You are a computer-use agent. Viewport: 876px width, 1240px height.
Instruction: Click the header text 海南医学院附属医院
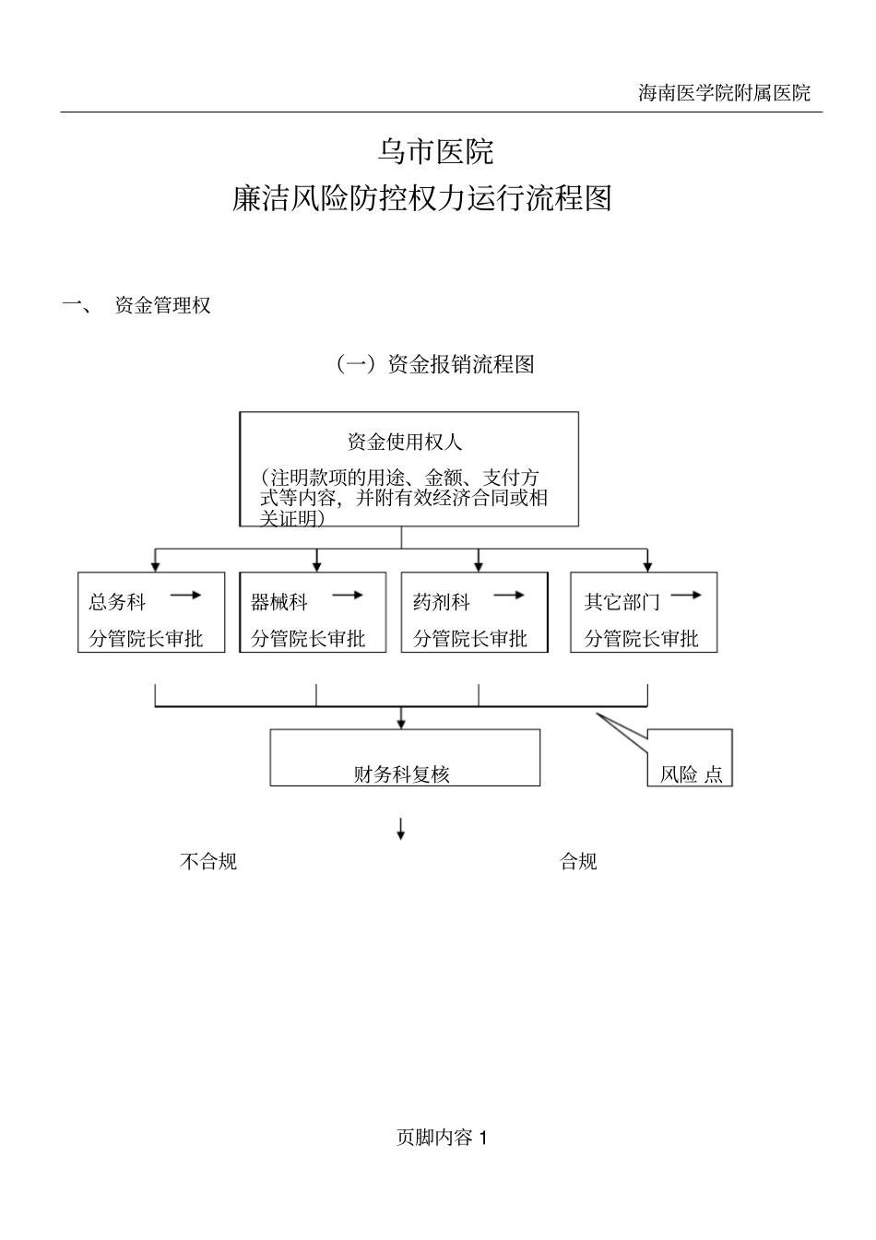[724, 92]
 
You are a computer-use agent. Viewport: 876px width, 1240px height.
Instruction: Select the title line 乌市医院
[436, 151]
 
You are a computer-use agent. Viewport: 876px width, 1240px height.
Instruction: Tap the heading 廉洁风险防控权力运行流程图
[422, 198]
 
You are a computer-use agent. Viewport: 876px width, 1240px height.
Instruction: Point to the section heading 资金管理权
[162, 305]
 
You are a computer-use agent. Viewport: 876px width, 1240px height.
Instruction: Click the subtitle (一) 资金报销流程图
[434, 364]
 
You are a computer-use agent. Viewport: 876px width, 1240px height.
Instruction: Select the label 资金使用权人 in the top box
[404, 442]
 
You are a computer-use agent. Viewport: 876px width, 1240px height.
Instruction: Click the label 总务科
[117, 603]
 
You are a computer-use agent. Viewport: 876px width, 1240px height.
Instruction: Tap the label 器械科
[279, 603]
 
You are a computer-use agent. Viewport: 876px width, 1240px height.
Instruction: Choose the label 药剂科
[442, 603]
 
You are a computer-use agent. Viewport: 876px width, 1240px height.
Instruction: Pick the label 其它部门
[622, 603]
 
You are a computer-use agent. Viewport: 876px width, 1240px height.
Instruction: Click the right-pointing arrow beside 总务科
[185, 596]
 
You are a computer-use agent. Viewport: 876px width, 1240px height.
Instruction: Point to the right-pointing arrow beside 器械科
[348, 596]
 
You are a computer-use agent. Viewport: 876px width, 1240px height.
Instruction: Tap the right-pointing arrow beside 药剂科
[509, 596]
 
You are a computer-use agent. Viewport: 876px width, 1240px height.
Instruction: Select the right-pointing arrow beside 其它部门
[686, 596]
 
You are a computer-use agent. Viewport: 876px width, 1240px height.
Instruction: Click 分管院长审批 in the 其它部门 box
[642, 638]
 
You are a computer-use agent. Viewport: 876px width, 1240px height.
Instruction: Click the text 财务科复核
[402, 774]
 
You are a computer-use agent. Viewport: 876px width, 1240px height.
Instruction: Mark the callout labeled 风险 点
[691, 773]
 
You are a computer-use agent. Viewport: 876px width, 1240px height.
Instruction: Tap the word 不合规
[208, 861]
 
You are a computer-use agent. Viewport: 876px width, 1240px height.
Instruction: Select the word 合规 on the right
[579, 861]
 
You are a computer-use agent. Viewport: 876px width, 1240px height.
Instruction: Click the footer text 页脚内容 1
[442, 1138]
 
